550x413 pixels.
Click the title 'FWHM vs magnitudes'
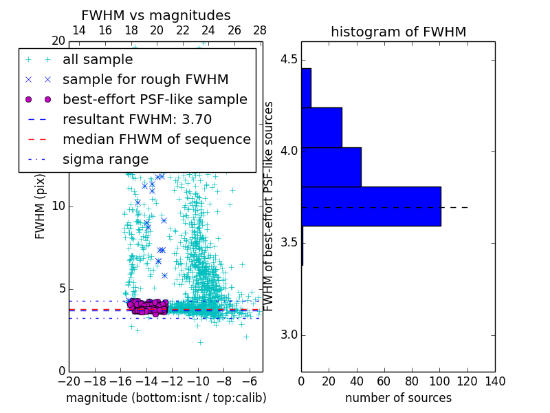pyautogui.click(x=156, y=16)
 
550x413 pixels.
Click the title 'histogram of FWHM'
pyautogui.click(x=398, y=32)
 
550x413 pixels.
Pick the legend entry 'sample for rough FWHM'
pyautogui.click(x=145, y=80)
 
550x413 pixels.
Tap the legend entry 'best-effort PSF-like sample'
pyautogui.click(x=155, y=100)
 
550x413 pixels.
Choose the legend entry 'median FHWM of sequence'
pyautogui.click(x=156, y=140)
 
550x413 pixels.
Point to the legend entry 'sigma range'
pyautogui.click(x=105, y=160)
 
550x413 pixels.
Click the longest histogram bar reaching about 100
pyautogui.click(x=371, y=206)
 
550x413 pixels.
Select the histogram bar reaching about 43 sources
pyautogui.click(x=331, y=167)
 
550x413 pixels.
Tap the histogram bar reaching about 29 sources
pyautogui.click(x=322, y=127)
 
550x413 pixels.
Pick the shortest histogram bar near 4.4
pyautogui.click(x=306, y=88)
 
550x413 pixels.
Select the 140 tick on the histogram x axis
pyautogui.click(x=495, y=381)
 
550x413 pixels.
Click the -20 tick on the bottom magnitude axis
pyautogui.click(x=69, y=381)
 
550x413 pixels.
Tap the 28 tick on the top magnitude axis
pyautogui.click(x=260, y=31)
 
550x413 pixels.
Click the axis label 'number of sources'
pyautogui.click(x=398, y=398)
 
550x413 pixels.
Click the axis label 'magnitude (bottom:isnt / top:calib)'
pyautogui.click(x=166, y=398)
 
